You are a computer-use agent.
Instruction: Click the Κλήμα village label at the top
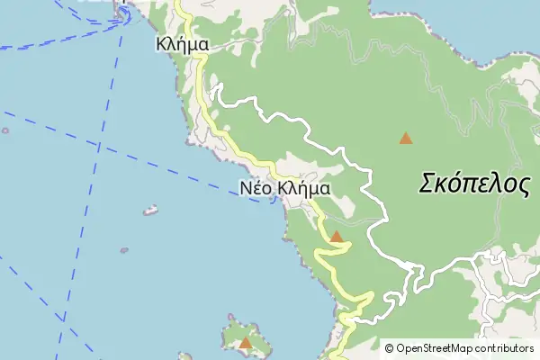183,42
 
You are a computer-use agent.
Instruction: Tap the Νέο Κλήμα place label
285,189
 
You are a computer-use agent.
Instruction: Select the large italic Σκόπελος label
474,184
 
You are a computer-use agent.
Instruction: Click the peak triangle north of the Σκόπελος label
406,139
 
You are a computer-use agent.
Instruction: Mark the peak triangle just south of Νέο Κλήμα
336,237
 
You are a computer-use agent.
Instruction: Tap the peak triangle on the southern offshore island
245,342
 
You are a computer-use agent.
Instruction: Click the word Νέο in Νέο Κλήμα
256,189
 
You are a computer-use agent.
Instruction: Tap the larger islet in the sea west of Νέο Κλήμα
150,211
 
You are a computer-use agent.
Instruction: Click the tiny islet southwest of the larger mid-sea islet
124,250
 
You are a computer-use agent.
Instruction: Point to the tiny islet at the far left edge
5,130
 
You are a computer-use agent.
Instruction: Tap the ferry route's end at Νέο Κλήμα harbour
274,200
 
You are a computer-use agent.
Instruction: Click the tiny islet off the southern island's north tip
231,317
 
